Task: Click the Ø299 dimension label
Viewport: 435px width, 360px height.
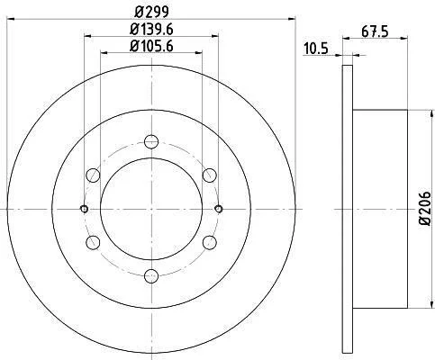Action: click(151, 12)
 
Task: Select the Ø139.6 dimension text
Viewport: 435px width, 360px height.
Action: click(151, 30)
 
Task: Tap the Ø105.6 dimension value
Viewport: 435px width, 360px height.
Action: click(151, 47)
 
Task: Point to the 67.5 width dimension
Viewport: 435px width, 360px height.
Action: click(375, 31)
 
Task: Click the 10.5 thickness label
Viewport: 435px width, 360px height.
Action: click(316, 49)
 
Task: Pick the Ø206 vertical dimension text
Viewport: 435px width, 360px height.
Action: click(425, 208)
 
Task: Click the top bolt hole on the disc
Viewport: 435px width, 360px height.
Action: click(151, 141)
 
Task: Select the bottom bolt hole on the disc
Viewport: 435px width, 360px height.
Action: click(151, 276)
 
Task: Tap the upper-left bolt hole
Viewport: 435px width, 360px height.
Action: click(93, 175)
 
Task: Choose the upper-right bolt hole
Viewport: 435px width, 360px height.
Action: click(209, 175)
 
